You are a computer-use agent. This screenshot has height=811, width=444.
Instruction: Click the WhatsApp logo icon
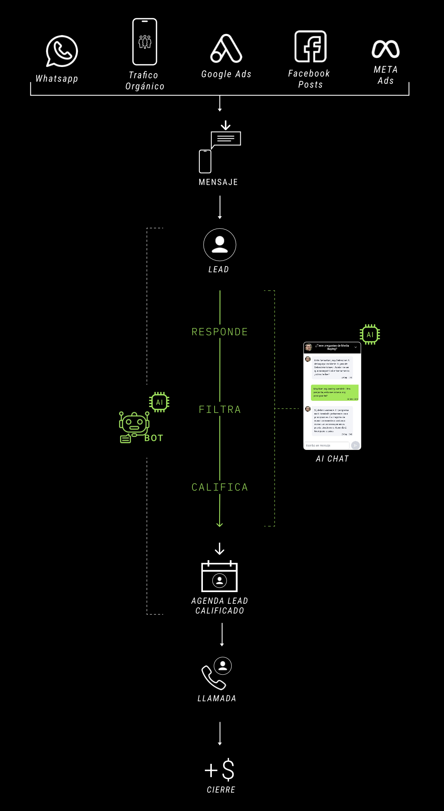[62, 51]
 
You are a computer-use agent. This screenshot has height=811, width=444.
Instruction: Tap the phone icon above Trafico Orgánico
[145, 42]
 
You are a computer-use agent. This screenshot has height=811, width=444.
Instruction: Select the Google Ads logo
[226, 49]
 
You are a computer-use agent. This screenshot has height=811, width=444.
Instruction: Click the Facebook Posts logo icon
[311, 46]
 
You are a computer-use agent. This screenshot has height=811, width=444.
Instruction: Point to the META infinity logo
[385, 49]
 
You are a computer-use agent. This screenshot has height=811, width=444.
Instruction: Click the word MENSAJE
[218, 182]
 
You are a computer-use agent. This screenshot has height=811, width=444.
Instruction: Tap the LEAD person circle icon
[220, 245]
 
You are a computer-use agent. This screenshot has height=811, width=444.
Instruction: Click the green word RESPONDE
[220, 332]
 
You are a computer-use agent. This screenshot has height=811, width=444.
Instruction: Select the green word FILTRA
[220, 409]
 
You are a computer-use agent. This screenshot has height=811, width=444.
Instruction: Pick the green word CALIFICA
[220, 487]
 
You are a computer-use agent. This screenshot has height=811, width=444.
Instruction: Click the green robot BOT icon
[134, 425]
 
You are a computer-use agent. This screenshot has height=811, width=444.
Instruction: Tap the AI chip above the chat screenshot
[370, 334]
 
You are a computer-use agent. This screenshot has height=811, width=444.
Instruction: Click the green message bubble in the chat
[334, 393]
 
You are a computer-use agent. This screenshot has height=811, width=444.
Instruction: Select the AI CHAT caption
[332, 459]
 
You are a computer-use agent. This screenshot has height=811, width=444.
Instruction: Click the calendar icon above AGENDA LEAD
[219, 577]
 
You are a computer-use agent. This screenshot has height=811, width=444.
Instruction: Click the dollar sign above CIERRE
[228, 769]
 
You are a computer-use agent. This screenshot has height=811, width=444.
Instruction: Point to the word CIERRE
[221, 790]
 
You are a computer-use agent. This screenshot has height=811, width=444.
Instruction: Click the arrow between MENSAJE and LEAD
[220, 207]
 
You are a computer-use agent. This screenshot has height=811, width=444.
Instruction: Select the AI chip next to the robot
[159, 402]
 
